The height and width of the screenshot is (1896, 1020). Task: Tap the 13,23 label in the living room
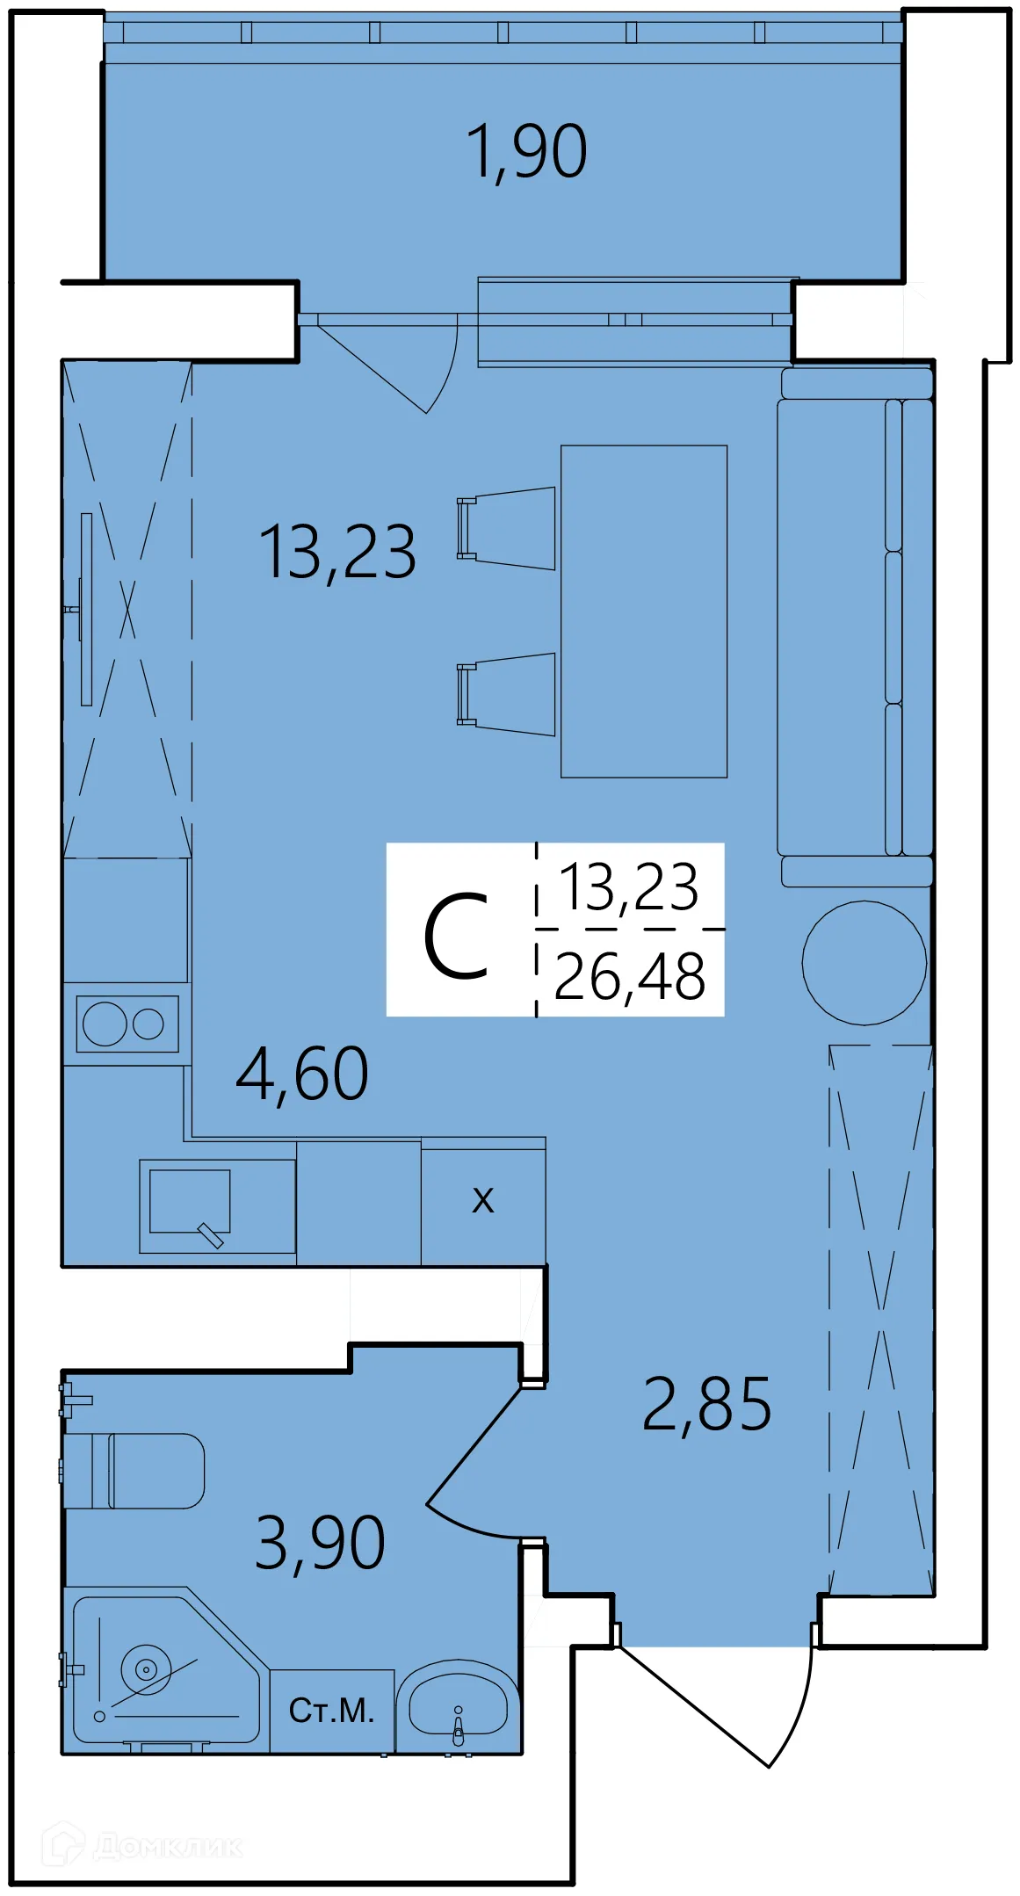337,553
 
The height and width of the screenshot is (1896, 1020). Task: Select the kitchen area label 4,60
302,1075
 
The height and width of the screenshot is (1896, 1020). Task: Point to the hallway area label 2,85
706,1405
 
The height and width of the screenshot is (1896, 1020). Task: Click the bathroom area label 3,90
320,1544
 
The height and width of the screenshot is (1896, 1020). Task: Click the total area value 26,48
630,976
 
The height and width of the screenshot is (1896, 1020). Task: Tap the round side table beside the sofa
864,962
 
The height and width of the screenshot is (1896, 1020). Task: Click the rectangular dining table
644,611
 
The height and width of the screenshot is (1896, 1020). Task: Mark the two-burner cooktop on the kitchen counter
127,1024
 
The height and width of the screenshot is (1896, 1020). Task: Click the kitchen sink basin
190,1201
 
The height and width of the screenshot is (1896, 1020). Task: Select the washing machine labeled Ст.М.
331,1710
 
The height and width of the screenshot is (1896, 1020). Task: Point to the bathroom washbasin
458,1707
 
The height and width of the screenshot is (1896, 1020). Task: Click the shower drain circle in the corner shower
146,1668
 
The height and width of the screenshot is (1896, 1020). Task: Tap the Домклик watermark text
167,1846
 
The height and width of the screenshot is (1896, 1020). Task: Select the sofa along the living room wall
855,627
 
